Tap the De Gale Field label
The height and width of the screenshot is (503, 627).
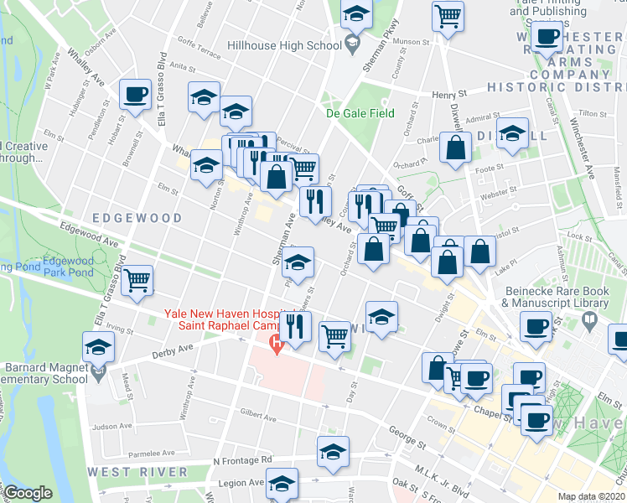(360, 113)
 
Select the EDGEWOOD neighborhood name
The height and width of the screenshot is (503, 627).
(137, 217)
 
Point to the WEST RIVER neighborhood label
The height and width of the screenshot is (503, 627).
(137, 471)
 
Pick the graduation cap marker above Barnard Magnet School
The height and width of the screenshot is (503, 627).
(98, 345)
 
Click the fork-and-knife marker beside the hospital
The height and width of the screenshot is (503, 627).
(295, 324)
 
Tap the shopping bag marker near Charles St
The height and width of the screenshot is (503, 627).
(455, 148)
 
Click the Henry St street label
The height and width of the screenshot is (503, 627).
(448, 96)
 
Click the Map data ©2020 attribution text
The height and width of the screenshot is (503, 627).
(591, 496)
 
